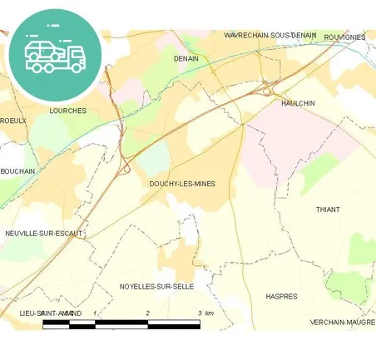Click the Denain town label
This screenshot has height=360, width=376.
[x=186, y=59]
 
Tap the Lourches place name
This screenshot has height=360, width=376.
[x=67, y=110]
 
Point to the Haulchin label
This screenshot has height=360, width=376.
[x=298, y=102]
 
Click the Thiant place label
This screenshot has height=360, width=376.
[x=328, y=210]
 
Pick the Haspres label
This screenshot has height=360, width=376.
[x=280, y=296]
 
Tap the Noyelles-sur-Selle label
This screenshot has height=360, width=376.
[x=156, y=286]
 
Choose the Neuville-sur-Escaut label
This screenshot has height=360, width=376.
[x=43, y=234]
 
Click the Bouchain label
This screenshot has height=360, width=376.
[x=17, y=171]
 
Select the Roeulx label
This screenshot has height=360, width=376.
[x=13, y=121]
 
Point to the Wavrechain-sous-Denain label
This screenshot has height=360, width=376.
[x=270, y=36]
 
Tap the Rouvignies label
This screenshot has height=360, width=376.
[x=345, y=37]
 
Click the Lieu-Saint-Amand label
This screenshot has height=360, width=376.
[x=50, y=313]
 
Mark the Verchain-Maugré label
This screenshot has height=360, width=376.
[x=342, y=321]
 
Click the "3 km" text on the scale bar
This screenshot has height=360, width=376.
[x=205, y=313]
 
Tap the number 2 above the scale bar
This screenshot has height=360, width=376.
[x=147, y=313]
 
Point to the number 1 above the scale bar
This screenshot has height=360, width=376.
[x=96, y=313]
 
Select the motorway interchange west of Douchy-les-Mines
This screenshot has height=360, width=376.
[x=125, y=167]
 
